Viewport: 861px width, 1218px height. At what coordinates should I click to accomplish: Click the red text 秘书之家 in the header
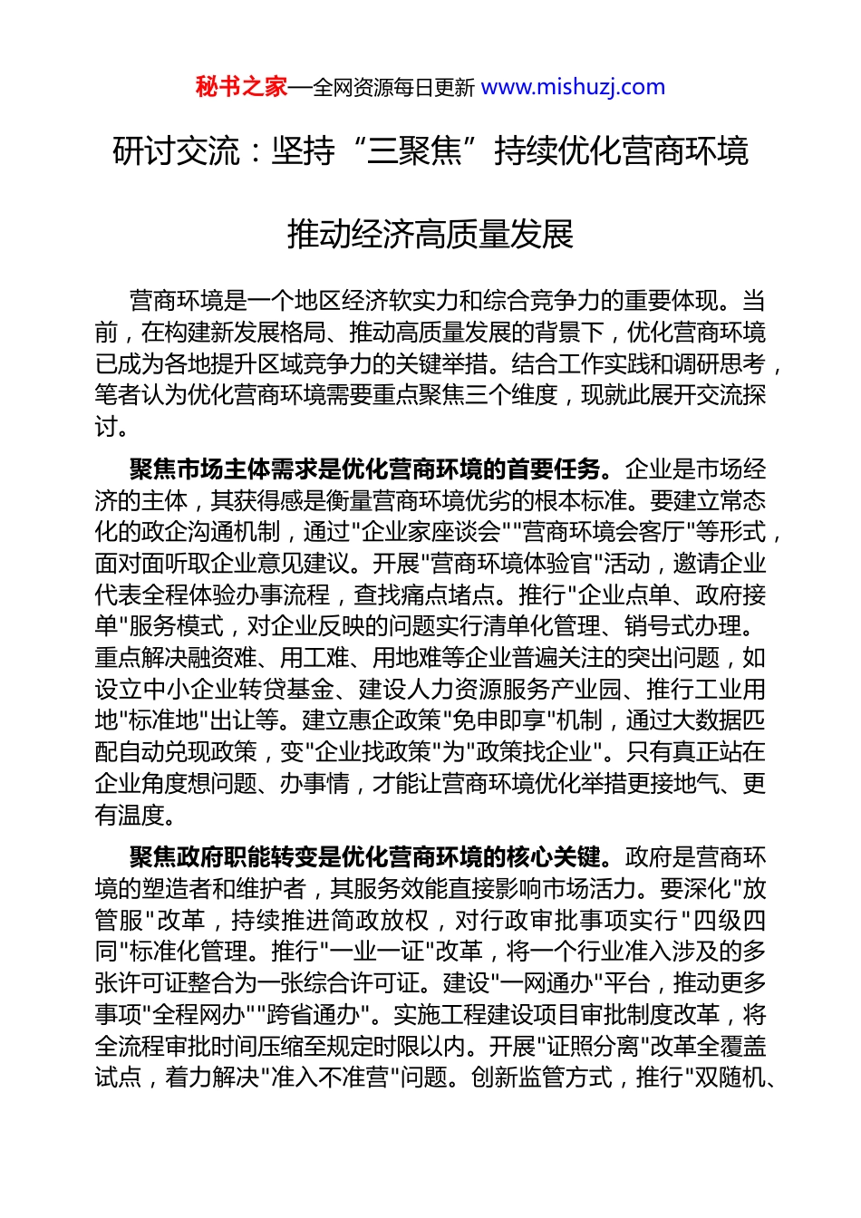pyautogui.click(x=241, y=87)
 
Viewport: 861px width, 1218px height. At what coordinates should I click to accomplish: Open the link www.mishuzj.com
pyautogui.click(x=573, y=87)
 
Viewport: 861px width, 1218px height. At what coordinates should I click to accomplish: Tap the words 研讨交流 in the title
pyautogui.click(x=163, y=150)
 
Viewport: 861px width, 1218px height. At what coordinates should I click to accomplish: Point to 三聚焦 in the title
pyautogui.click(x=414, y=150)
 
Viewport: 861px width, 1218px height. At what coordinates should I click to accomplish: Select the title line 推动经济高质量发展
pyautogui.click(x=430, y=234)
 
